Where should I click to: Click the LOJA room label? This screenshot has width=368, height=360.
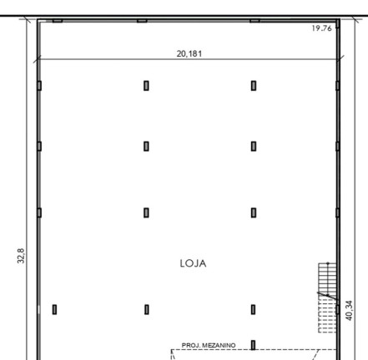coord(193,263)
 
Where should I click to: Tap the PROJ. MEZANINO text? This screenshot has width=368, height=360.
coord(209,345)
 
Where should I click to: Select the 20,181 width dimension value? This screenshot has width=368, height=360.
coord(189,53)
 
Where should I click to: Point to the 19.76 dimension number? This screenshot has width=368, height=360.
coord(321,28)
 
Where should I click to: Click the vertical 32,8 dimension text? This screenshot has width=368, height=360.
coord(21,256)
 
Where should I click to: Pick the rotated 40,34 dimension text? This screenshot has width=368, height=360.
coord(350,310)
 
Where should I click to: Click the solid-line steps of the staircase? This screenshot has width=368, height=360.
coord(327,278)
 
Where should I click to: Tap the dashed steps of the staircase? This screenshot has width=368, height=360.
coord(327,314)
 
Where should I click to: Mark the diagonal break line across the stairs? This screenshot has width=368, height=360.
coord(328,296)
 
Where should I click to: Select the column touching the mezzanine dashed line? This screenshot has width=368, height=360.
coord(253,345)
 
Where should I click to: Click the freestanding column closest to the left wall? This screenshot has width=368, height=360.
coord(54,309)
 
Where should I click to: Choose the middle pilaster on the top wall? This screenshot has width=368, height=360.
coord(142,21)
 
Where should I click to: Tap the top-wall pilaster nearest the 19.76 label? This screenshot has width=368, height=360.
coord(255,21)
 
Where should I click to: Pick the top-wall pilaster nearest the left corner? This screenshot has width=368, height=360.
coord(58,21)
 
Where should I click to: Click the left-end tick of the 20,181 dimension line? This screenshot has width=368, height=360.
coord(38,59)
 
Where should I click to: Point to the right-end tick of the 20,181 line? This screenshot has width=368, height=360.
coord(340,59)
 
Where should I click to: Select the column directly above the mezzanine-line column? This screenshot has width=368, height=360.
coord(253,309)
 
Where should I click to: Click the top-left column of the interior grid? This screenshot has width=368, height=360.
coord(146,86)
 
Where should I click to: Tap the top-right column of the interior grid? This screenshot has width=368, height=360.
coord(254,86)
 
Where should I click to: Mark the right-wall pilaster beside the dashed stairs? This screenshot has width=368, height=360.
coord(338,309)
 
